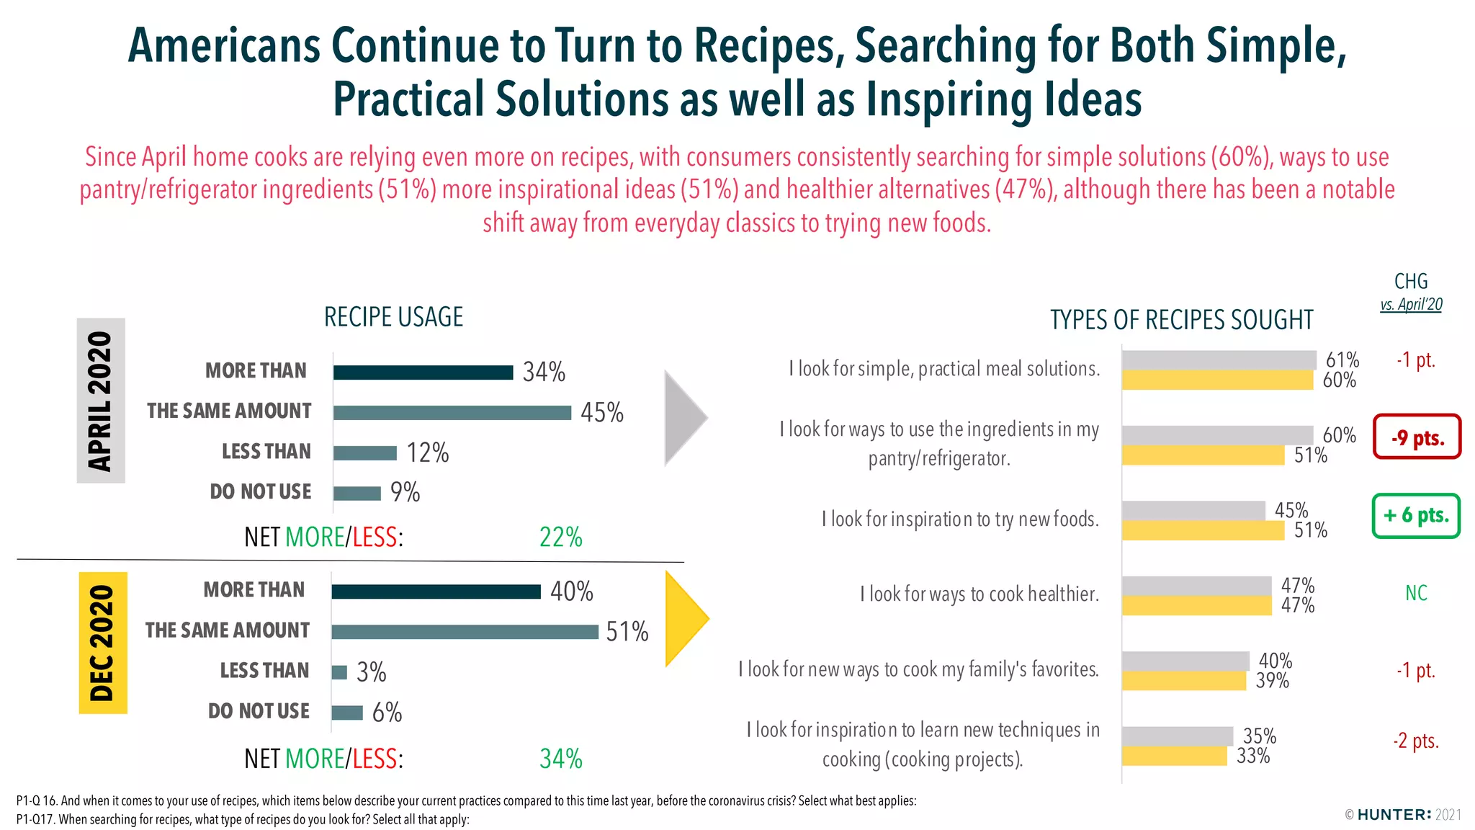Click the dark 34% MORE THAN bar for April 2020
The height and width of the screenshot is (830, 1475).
[x=423, y=372]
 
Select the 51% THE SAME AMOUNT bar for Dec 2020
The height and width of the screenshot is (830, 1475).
[x=465, y=632]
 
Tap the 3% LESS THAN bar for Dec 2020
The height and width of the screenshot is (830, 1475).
[x=339, y=672]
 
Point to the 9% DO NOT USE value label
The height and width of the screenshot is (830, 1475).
[x=405, y=492]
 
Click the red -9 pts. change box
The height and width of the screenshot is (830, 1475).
[x=1417, y=437]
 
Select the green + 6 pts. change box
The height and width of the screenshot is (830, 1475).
[x=1416, y=516]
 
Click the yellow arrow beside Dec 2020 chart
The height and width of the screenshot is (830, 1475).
[x=684, y=618]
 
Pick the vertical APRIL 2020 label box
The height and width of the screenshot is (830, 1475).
[x=101, y=401]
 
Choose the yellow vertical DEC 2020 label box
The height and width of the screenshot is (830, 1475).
[x=102, y=643]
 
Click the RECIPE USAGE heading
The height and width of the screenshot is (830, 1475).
[x=393, y=317]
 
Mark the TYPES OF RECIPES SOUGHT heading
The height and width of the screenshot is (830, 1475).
[x=1181, y=320]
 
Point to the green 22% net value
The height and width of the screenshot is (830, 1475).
[x=560, y=537]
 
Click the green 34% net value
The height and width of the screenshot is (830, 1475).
[x=560, y=759]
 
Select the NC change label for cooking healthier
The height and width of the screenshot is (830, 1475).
[x=1416, y=593]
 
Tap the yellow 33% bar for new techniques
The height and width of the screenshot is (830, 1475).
[x=1174, y=757]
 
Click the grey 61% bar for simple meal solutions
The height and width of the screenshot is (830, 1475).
[x=1219, y=360]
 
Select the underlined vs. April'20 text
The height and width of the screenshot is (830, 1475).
[x=1411, y=304]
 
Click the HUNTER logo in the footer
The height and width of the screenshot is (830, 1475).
[x=1394, y=815]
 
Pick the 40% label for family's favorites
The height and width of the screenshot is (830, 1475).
[x=1275, y=661]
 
